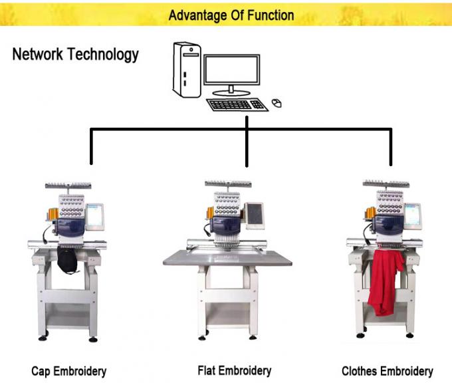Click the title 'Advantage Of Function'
[x=231, y=15]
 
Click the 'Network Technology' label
[x=75, y=55]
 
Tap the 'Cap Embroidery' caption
[x=68, y=370]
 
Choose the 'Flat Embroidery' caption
[x=235, y=370]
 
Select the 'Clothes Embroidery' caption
[x=387, y=370]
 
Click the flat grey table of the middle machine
[x=228, y=255]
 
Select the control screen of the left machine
[x=96, y=214]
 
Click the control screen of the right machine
[x=413, y=213]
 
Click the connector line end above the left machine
[x=91, y=162]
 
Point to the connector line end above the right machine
[x=390, y=162]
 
